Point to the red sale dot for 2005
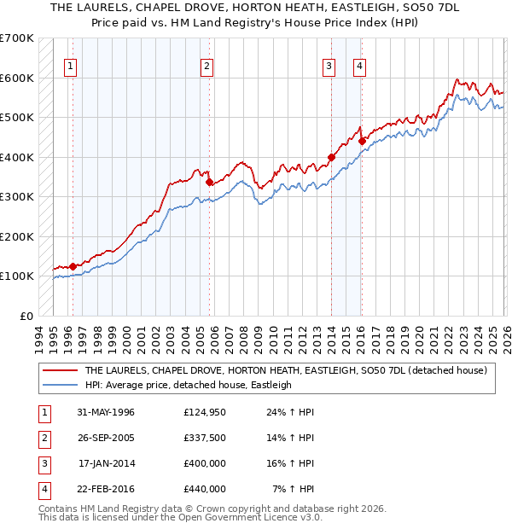(x=209, y=181)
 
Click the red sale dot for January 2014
(x=331, y=157)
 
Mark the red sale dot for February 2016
(x=362, y=141)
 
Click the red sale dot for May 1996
(x=73, y=265)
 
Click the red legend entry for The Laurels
(x=285, y=370)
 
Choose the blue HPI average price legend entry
(x=188, y=385)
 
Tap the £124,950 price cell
(x=205, y=412)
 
